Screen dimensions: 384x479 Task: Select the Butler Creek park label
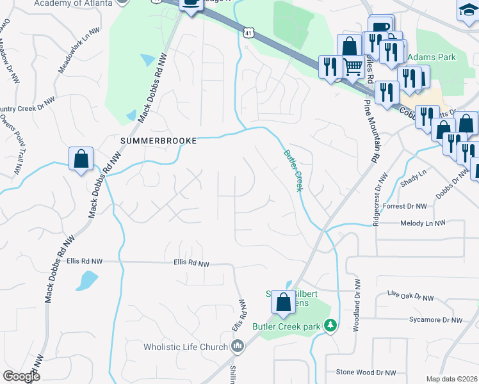tap(286, 326)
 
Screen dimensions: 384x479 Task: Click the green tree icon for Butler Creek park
tap(330, 326)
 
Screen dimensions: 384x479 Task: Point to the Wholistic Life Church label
tap(186, 347)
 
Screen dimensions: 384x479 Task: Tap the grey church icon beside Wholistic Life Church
tap(238, 347)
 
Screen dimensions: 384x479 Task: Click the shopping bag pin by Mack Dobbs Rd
tap(81, 159)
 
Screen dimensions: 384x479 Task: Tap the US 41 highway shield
tap(248, 31)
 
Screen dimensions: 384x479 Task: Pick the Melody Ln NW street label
tap(422, 223)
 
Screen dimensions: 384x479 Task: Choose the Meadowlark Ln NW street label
tap(79, 48)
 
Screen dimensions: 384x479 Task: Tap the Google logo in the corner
tap(21, 376)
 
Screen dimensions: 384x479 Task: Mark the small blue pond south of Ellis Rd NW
tap(86, 280)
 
